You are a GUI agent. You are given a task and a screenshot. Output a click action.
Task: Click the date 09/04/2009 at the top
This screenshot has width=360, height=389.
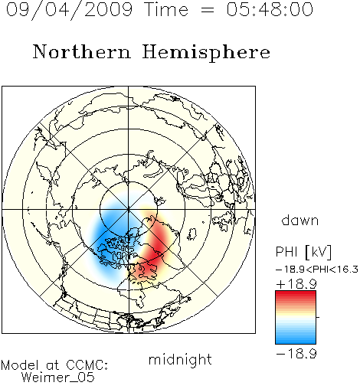[69, 10]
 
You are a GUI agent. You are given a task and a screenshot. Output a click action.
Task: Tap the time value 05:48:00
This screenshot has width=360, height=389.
[270, 9]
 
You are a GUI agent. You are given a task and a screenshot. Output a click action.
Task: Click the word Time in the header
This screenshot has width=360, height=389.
[166, 9]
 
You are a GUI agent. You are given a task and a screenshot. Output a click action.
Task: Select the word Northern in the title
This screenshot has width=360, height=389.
[82, 51]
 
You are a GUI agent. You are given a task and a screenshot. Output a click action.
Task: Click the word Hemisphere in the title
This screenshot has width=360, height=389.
[206, 53]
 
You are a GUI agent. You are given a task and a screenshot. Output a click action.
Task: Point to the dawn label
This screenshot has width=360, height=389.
[300, 220]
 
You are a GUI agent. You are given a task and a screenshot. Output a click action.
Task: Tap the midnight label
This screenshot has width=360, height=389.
[180, 359]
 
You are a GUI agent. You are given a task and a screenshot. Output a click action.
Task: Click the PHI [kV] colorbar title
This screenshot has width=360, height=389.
[303, 252]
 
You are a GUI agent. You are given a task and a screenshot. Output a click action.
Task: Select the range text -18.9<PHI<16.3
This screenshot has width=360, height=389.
[317, 270]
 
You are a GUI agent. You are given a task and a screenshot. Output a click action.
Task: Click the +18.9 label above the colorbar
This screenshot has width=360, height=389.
[296, 284]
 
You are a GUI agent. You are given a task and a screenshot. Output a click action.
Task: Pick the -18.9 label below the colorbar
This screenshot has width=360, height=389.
[296, 354]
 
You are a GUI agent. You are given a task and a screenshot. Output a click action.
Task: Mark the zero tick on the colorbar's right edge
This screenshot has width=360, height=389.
[318, 317]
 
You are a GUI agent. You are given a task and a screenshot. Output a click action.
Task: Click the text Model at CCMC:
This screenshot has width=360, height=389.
[54, 365]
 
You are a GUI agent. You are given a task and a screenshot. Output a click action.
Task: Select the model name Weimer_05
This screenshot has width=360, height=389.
[58, 378]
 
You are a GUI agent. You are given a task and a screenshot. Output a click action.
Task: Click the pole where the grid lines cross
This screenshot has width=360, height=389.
[129, 209]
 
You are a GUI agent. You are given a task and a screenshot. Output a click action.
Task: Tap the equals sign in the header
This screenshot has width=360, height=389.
[208, 11]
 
